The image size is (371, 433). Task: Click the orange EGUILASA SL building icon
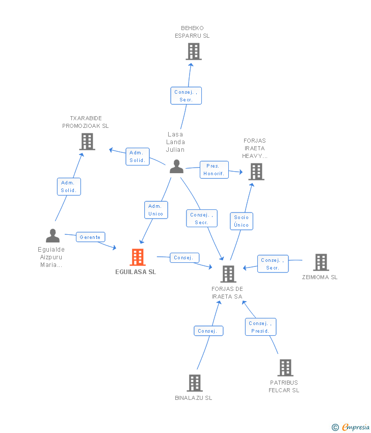click(138, 257)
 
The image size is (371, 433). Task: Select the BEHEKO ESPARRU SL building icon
click(193, 51)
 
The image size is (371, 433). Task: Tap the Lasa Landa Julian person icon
click(176, 166)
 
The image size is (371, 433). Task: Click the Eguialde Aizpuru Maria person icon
click(52, 235)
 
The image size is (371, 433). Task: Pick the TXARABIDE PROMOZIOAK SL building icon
click(87, 141)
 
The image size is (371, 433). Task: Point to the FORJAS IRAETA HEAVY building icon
click(256, 172)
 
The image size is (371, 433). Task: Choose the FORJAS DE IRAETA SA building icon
click(228, 274)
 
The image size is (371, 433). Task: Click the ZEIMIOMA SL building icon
click(321, 262)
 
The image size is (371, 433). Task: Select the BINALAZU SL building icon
click(194, 383)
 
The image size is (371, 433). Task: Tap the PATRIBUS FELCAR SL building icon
click(285, 367)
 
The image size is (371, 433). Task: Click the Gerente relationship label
click(91, 237)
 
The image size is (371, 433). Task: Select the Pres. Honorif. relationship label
click(214, 170)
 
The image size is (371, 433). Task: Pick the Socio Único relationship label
click(242, 221)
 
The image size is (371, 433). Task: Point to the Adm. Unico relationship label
click(155, 210)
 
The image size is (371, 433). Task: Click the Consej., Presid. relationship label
click(261, 327)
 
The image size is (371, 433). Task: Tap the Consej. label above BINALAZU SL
click(208, 331)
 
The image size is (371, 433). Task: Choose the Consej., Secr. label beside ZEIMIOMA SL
click(273, 264)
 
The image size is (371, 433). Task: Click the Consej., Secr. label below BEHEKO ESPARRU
click(185, 96)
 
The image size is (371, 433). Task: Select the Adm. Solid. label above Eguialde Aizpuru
click(68, 186)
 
